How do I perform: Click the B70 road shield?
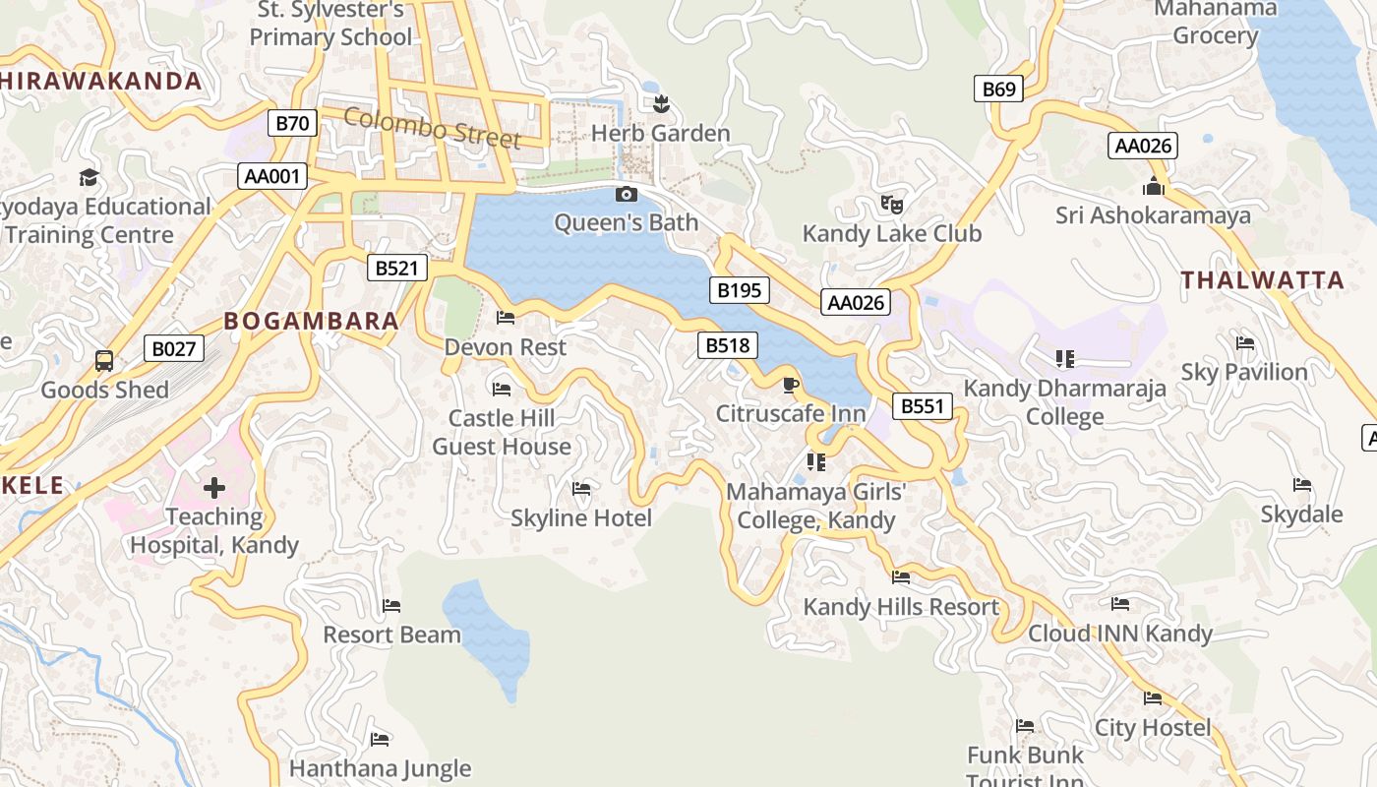pos(292,123)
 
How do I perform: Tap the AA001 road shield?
pos(272,176)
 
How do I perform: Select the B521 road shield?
pos(397,267)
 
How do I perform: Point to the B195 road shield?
pos(739,289)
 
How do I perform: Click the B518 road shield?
pos(728,344)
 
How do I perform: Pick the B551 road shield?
pos(923,405)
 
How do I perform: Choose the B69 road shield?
pos(998,90)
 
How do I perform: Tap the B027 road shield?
pos(174,347)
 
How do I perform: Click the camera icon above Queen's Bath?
pos(626,194)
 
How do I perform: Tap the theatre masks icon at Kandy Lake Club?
pos(892,205)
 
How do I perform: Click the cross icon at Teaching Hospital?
pos(214,487)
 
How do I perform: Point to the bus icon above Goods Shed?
pos(104,360)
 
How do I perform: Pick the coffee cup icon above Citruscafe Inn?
pos(790,384)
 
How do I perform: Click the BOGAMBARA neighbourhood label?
pos(311,321)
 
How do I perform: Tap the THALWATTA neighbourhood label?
pos(1262,280)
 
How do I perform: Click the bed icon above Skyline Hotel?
pos(581,488)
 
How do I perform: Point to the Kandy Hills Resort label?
pos(901,607)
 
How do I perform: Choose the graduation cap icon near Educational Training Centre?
pos(90,177)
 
